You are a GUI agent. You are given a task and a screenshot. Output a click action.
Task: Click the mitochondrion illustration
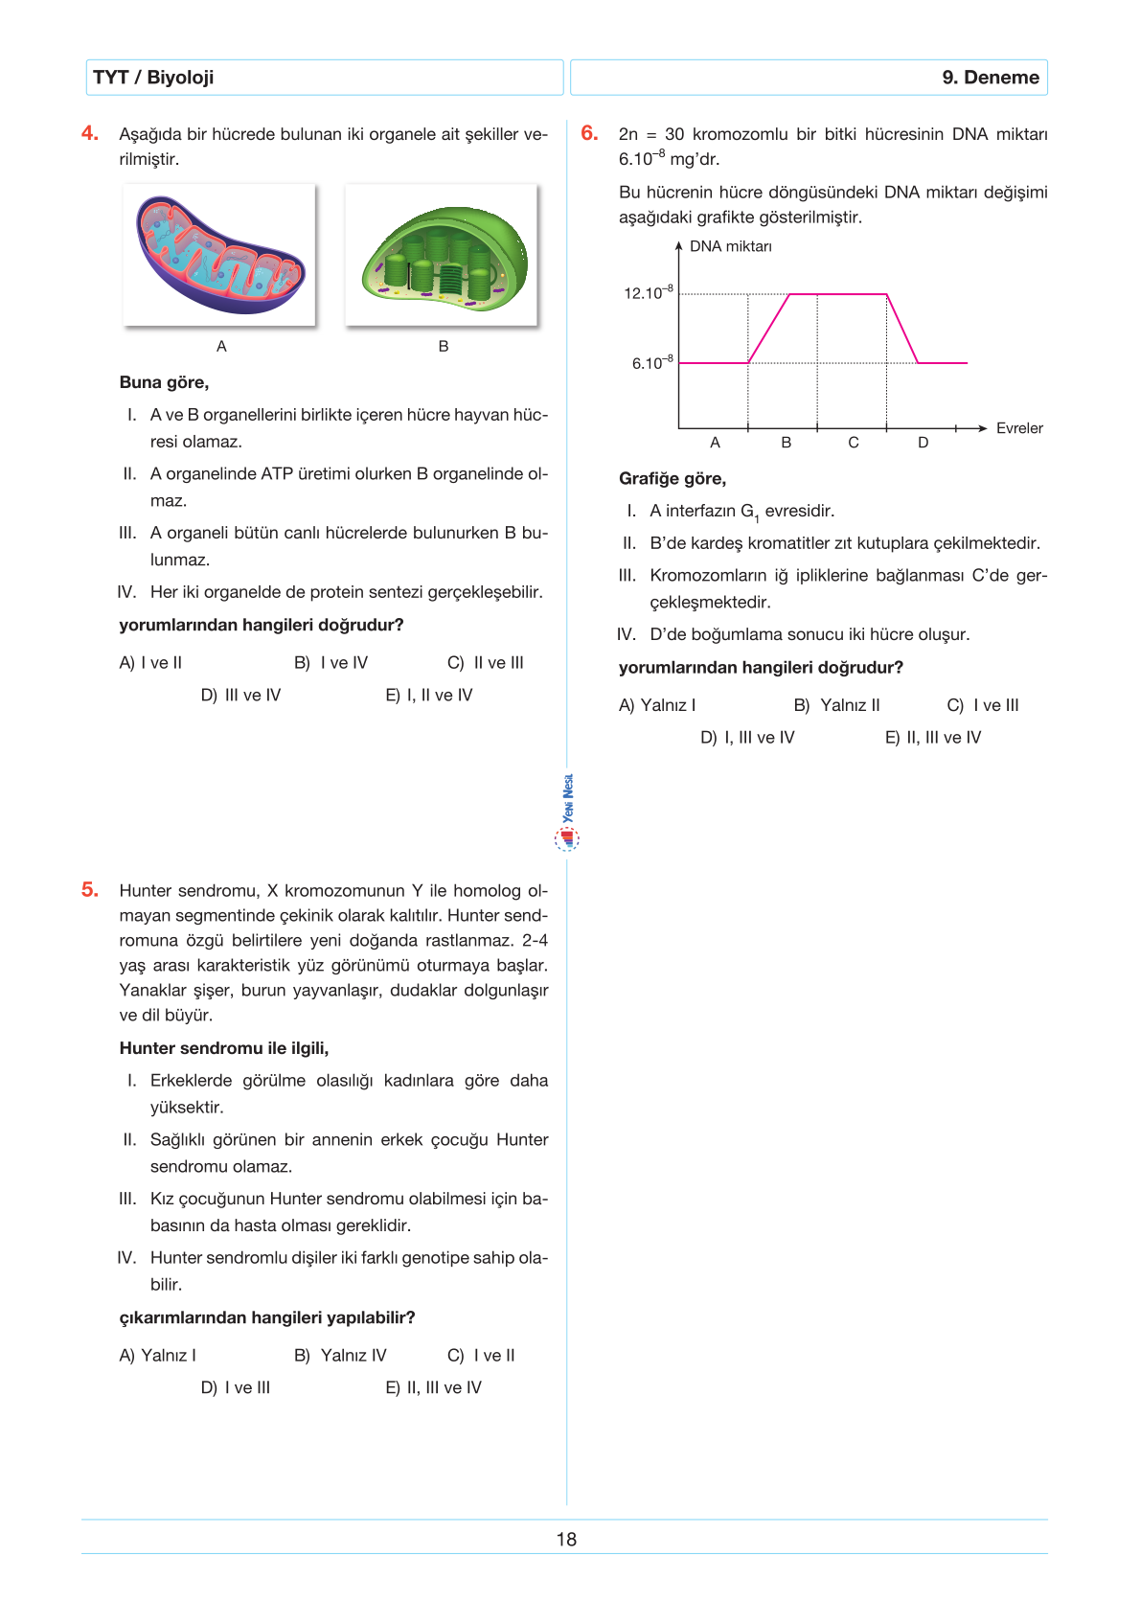coord(219,255)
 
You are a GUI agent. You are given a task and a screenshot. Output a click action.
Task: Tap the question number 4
coord(90,133)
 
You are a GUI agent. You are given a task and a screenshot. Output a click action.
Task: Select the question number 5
coord(90,889)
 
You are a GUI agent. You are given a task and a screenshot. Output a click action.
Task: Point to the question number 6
coord(589,133)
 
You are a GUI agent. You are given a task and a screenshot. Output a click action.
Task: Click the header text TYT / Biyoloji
coord(153,78)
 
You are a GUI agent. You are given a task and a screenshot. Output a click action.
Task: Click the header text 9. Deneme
coord(990,78)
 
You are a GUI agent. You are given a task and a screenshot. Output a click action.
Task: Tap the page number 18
coord(566,1539)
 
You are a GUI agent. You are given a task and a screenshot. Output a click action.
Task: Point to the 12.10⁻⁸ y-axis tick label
coord(649,292)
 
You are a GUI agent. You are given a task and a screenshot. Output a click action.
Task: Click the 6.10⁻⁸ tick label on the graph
coord(652,363)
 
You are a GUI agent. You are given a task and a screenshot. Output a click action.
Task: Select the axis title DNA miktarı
coord(730,246)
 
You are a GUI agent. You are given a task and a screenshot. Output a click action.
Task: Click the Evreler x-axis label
coord(1019,428)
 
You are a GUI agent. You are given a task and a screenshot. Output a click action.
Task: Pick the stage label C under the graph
coord(854,443)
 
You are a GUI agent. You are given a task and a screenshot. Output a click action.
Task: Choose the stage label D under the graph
coord(923,443)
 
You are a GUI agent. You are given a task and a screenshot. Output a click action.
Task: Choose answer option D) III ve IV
coord(240,695)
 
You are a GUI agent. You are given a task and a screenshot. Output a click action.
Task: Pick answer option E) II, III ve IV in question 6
coord(933,737)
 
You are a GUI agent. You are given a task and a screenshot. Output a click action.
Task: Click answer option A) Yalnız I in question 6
coord(657,705)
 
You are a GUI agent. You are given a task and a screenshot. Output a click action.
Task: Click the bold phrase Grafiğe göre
coord(673,478)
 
